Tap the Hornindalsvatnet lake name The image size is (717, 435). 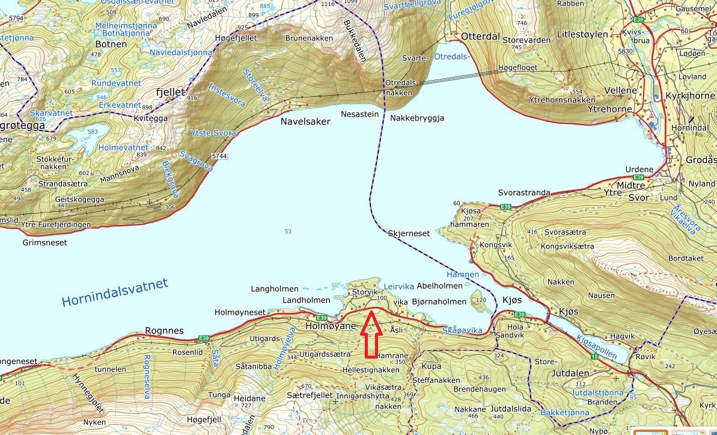[114, 292]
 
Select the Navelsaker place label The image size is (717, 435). [305, 122]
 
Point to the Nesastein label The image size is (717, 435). [360, 113]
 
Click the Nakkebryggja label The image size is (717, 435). [417, 119]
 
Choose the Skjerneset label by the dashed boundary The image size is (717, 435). [409, 233]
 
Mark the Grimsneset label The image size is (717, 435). [45, 243]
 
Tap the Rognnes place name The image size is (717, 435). [164, 331]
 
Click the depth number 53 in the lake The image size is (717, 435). [288, 232]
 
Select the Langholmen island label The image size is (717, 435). [274, 289]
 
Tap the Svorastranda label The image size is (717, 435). [524, 193]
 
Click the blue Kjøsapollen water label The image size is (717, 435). [596, 347]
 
